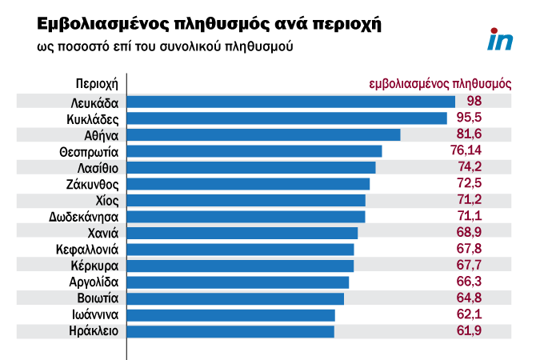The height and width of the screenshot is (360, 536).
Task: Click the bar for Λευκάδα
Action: pos(291,102)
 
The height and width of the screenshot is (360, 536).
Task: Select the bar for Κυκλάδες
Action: pos(287,118)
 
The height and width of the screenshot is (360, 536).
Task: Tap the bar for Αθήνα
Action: pos(264,134)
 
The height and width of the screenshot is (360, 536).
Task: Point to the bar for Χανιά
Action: pos(243,233)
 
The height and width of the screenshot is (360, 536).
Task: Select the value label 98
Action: pos(474,102)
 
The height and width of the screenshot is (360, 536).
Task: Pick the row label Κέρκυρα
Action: pos(95,266)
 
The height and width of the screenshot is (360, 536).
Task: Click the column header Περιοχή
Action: pos(97,83)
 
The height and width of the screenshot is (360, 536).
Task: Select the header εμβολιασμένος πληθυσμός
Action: pos(440,83)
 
